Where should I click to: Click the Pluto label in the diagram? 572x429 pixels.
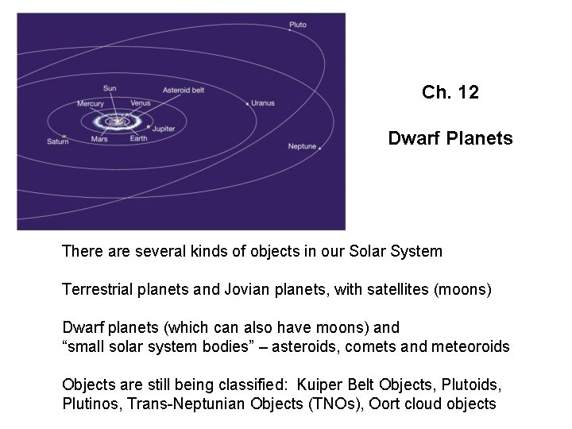pyautogui.click(x=297, y=25)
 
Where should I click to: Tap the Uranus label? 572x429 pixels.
pyautogui.click(x=263, y=102)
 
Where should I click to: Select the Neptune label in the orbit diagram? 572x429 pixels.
pyautogui.click(x=302, y=147)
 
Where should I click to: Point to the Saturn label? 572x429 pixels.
pyautogui.click(x=58, y=141)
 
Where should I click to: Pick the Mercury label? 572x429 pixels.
pyautogui.click(x=90, y=103)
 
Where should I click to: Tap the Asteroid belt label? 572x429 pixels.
pyautogui.click(x=184, y=91)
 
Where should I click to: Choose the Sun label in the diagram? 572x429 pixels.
pyautogui.click(x=110, y=87)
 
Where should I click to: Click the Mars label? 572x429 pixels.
pyautogui.click(x=99, y=139)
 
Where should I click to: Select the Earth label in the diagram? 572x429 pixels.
pyautogui.click(x=138, y=139)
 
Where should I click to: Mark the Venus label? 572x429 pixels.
pyautogui.click(x=141, y=102)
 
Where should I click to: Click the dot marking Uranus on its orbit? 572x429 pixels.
pyautogui.click(x=248, y=103)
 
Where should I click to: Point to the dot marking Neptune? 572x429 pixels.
pyautogui.click(x=319, y=148)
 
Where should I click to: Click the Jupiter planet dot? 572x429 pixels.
pyautogui.click(x=149, y=126)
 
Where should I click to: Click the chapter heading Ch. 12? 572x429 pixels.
pyautogui.click(x=450, y=93)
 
